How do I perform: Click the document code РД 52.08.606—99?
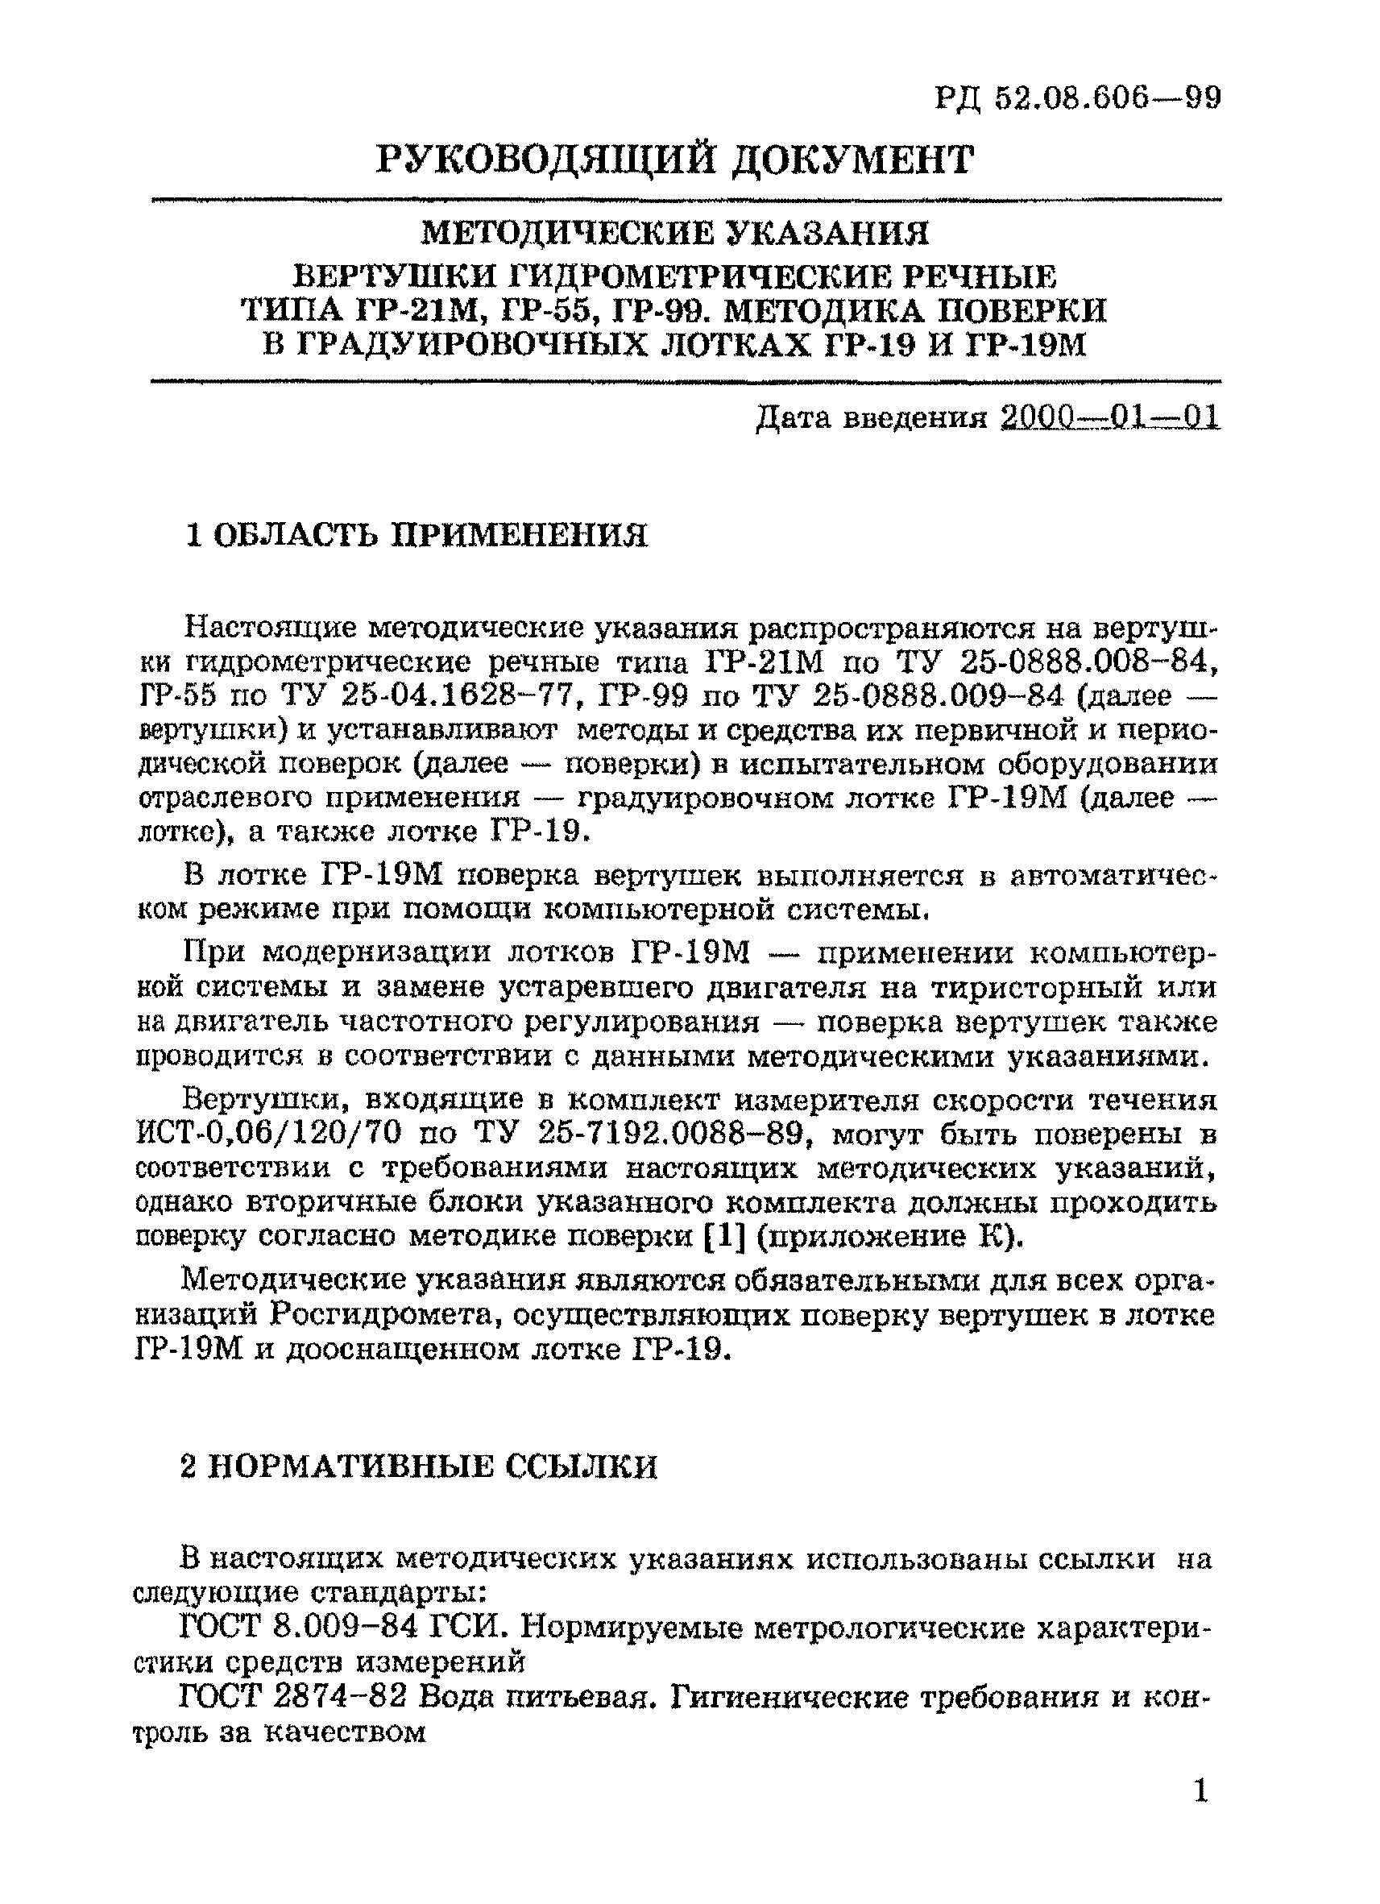click(x=1078, y=99)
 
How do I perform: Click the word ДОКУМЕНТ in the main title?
click(x=852, y=160)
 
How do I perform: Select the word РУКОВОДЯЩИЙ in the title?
click(x=547, y=160)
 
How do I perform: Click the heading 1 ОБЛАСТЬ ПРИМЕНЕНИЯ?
click(x=416, y=535)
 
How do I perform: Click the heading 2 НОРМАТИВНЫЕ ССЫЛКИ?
click(x=419, y=1466)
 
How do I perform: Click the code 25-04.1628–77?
click(x=461, y=697)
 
